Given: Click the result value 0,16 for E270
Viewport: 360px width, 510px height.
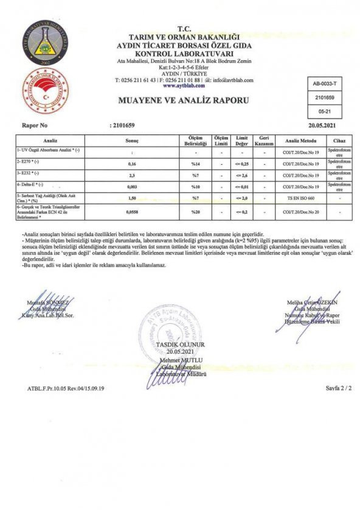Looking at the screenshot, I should tap(132, 164).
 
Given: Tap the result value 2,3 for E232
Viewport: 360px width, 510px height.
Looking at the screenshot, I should tap(132, 175).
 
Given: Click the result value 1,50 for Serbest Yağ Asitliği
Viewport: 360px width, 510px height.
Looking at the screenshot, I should tap(132, 198).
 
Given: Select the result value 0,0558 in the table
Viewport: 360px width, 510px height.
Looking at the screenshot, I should tap(132, 212).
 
